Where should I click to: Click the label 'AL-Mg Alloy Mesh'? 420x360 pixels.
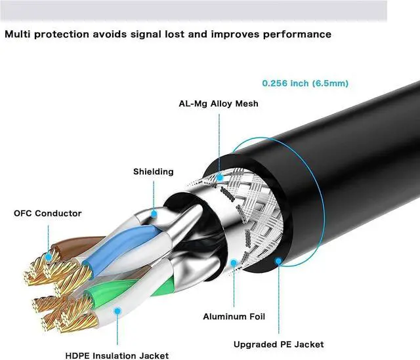click(219, 104)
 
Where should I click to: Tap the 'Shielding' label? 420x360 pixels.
click(153, 172)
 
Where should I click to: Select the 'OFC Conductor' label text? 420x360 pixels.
click(48, 213)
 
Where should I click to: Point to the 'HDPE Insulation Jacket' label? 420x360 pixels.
click(116, 355)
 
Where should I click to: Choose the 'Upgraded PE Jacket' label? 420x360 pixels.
click(278, 344)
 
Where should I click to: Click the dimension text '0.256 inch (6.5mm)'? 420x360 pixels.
click(305, 83)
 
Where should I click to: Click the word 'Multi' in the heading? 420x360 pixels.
click(18, 33)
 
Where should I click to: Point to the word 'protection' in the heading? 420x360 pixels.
click(66, 33)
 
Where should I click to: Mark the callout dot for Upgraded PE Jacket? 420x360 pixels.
click(278, 261)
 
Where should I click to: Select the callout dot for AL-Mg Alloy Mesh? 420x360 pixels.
click(219, 175)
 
